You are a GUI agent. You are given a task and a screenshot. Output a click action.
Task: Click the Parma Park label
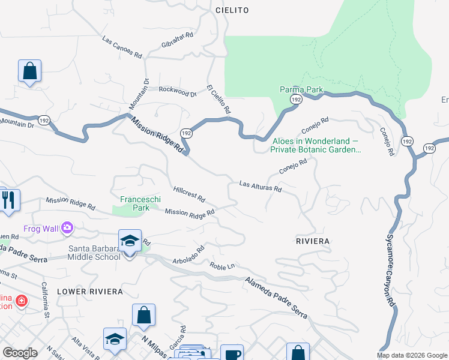point(301,89)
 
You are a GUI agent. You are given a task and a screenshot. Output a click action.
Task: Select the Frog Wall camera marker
point(67,228)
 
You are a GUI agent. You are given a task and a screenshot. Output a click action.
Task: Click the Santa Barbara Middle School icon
point(130,241)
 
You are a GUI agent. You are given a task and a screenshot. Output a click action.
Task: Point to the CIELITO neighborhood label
point(232,10)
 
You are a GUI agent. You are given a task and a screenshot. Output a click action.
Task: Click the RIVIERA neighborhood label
point(313,241)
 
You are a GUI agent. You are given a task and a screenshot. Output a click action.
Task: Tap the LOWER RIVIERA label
point(89,291)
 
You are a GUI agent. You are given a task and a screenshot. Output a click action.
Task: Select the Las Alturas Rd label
point(261,187)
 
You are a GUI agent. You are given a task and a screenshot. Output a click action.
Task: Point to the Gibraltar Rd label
point(177,39)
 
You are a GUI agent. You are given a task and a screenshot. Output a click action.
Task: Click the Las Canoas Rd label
point(122,49)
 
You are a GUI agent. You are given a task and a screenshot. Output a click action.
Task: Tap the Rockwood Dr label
point(178,92)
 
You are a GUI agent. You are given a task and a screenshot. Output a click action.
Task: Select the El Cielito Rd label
point(219,98)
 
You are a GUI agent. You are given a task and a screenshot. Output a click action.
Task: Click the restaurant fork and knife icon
point(9,199)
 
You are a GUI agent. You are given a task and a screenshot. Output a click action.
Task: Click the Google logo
point(20,353)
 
